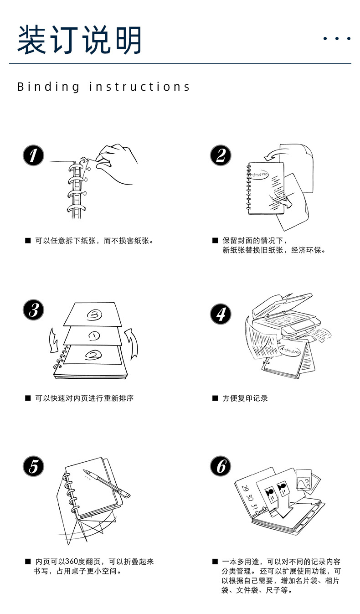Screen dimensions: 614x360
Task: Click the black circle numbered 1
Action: [33, 155]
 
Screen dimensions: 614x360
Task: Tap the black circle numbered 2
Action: [221, 155]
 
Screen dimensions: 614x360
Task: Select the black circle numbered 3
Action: [33, 310]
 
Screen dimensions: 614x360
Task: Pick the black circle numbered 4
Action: [221, 314]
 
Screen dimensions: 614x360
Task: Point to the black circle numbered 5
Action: [33, 466]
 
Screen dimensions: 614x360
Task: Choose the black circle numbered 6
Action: [221, 466]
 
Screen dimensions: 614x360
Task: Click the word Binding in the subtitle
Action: [48, 87]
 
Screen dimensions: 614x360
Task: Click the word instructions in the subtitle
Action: [139, 87]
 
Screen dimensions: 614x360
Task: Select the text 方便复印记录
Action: [245, 398]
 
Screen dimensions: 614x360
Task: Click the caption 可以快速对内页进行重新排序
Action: [84, 398]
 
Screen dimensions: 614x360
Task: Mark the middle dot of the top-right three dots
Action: [337, 39]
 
